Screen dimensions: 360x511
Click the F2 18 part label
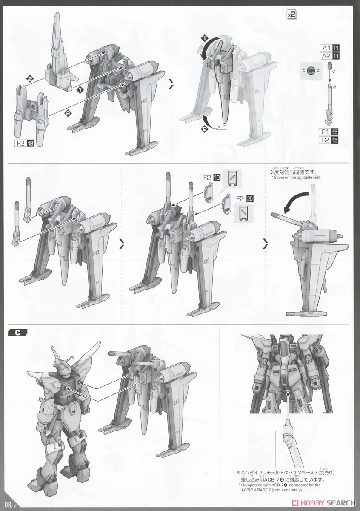pyautogui.click(x=24, y=143)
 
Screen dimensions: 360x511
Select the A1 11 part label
pyautogui.click(x=330, y=48)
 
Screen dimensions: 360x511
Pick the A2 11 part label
pyautogui.click(x=330, y=56)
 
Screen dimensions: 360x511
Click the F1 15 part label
pyautogui.click(x=329, y=132)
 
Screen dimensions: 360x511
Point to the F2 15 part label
pyautogui.click(x=329, y=140)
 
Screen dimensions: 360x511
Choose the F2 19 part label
pyautogui.click(x=211, y=178)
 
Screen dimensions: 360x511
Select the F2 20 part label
pyautogui.click(x=243, y=199)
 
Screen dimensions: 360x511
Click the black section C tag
pyautogui.click(x=17, y=333)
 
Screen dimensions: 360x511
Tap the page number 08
pyautogui.click(x=8, y=504)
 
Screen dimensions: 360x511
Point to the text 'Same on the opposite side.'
pyautogui.click(x=297, y=178)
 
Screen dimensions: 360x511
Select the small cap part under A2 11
pyautogui.click(x=329, y=66)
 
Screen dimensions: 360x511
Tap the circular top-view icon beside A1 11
pyautogui.click(x=310, y=71)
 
